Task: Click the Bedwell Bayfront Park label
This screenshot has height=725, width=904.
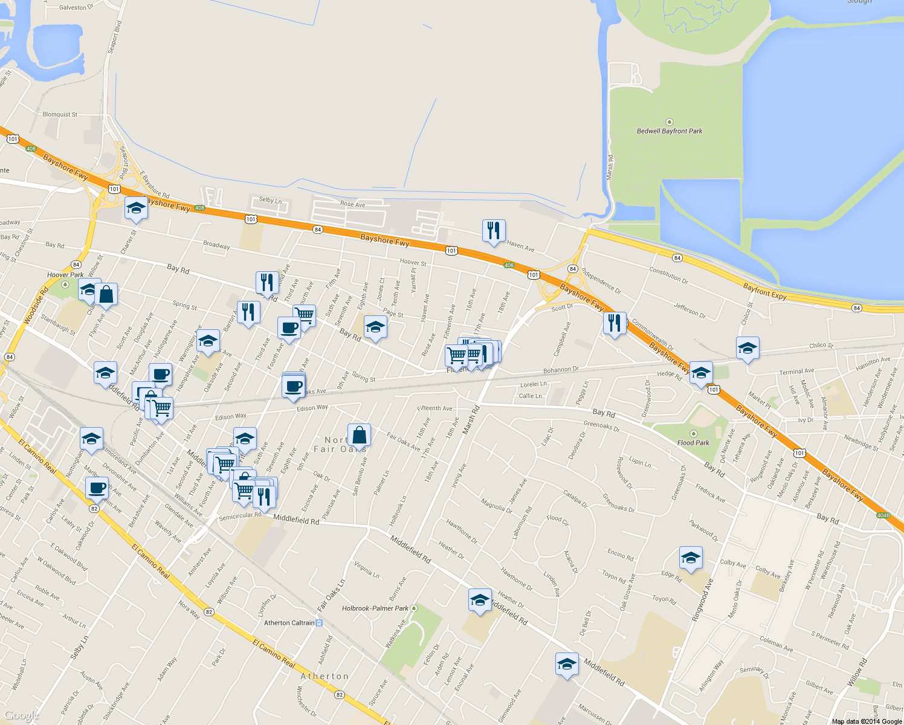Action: pos(670,131)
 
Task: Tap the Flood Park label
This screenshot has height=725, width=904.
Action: pos(693,443)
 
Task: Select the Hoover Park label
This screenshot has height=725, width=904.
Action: pos(65,275)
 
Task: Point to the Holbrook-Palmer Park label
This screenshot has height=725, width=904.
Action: pos(375,608)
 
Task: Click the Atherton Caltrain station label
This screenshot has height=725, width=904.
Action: pos(289,623)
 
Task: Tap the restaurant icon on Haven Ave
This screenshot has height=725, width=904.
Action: pos(494,231)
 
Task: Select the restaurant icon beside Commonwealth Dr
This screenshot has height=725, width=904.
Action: pos(614,323)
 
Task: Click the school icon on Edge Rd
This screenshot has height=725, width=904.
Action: pos(691,558)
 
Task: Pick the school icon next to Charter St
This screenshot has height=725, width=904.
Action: pos(136,208)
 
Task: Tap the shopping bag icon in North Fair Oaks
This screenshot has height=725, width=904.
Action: pos(359,435)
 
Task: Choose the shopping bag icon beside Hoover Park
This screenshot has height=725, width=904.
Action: pos(106,295)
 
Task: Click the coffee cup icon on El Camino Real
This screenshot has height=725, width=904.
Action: pos(97,488)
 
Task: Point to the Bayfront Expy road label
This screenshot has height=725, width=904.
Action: pos(764,292)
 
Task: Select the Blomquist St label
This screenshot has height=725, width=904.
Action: pos(60,114)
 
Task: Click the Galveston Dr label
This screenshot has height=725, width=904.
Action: pos(76,8)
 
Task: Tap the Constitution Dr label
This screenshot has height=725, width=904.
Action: pos(668,275)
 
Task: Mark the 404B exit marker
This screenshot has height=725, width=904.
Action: pos(883,515)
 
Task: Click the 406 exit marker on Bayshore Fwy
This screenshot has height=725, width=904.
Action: pos(509,265)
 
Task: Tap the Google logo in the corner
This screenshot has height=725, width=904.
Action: pos(21,715)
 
